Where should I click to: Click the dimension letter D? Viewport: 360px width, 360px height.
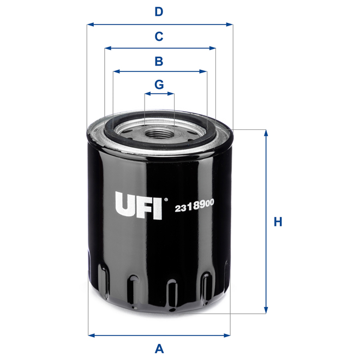click(159, 11)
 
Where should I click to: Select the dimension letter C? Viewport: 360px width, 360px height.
click(159, 37)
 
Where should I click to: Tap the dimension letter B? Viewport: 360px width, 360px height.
click(159, 61)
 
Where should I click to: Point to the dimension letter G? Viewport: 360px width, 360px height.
click(159, 85)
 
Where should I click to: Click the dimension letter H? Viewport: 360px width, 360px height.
click(278, 222)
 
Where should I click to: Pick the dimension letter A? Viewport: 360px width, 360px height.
click(159, 347)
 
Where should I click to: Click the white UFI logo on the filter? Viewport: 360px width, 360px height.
click(138, 206)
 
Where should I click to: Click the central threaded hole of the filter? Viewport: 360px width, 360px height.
click(159, 132)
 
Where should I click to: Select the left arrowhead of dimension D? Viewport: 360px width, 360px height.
click(90, 25)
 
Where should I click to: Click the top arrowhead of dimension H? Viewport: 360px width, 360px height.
click(266, 133)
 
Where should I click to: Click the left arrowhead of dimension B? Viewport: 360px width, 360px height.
click(116, 71)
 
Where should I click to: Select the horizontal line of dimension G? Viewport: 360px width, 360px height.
click(159, 94)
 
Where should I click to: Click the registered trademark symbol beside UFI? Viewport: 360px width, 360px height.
click(166, 198)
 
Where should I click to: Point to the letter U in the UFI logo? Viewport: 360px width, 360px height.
click(124, 206)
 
